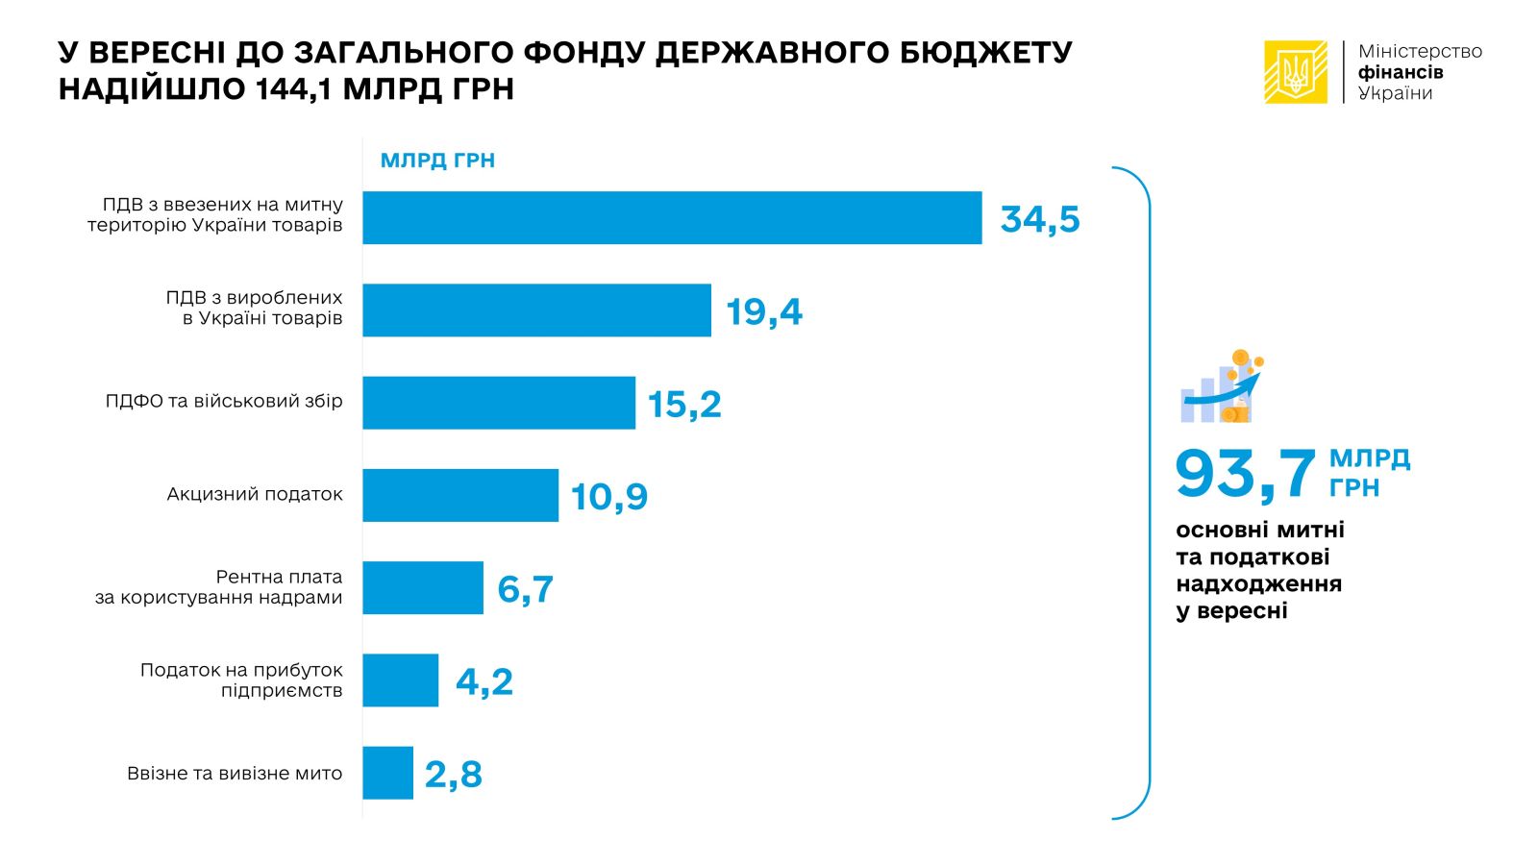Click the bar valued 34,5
672,217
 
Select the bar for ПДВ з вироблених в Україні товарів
536,309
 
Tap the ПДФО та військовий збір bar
498,402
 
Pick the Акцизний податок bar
459,495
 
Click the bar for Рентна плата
422,587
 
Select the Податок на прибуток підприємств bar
400,680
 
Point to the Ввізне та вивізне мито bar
387,773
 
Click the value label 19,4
764,311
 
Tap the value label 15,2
684,404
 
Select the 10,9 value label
609,497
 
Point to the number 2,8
453,774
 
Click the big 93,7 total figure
1245,473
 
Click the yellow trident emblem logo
1295,72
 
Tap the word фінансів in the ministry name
1401,72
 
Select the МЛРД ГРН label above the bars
437,161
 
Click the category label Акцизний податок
255,494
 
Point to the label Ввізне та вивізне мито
235,773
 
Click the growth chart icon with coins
1222,386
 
